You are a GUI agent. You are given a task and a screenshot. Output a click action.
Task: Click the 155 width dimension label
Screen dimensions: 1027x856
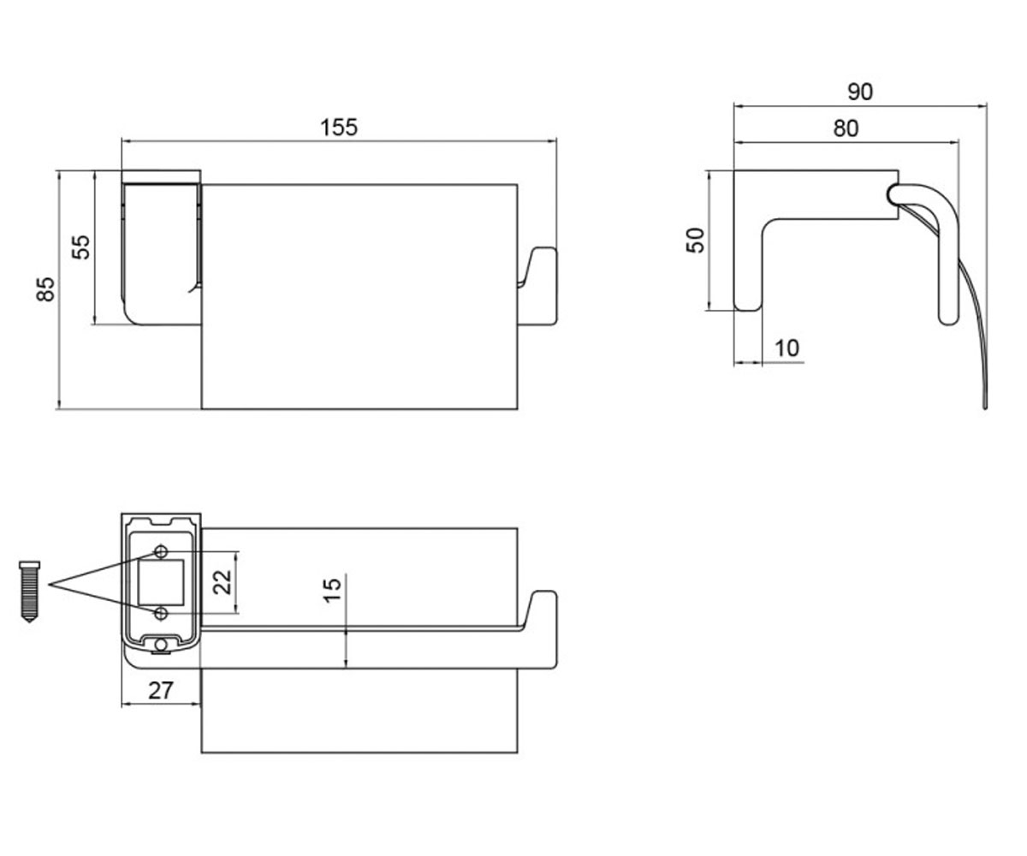click(x=339, y=128)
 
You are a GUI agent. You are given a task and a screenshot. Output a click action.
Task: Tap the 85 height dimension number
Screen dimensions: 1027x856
click(x=45, y=289)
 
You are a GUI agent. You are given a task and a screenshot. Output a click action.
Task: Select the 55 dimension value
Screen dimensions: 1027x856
click(x=81, y=247)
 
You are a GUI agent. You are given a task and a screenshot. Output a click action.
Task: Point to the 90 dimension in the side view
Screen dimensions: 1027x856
click(x=860, y=92)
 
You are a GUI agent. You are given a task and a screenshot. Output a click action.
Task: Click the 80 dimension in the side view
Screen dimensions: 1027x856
click(x=846, y=128)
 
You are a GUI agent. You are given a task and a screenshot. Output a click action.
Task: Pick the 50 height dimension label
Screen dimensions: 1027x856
click(x=696, y=240)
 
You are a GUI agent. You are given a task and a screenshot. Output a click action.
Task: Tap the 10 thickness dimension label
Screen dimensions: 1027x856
click(x=787, y=348)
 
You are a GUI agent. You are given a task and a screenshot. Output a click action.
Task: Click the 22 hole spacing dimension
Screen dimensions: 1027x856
click(x=223, y=582)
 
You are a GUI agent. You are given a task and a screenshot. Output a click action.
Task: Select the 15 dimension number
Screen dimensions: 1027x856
click(x=333, y=590)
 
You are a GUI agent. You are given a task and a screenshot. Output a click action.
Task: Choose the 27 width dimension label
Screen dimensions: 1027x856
click(x=161, y=691)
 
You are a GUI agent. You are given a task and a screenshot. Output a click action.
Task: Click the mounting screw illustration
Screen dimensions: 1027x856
click(x=29, y=591)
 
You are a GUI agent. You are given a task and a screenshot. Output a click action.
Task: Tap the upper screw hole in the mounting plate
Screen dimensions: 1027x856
click(x=161, y=551)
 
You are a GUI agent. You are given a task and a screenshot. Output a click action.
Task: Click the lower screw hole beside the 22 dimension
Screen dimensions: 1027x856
click(x=161, y=614)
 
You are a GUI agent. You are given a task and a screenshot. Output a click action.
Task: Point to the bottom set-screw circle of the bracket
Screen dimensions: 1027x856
click(x=161, y=645)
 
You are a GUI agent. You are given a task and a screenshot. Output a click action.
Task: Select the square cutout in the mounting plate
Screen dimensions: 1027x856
click(x=161, y=582)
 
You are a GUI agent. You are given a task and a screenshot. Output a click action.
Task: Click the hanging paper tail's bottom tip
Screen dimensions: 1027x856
click(x=985, y=407)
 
